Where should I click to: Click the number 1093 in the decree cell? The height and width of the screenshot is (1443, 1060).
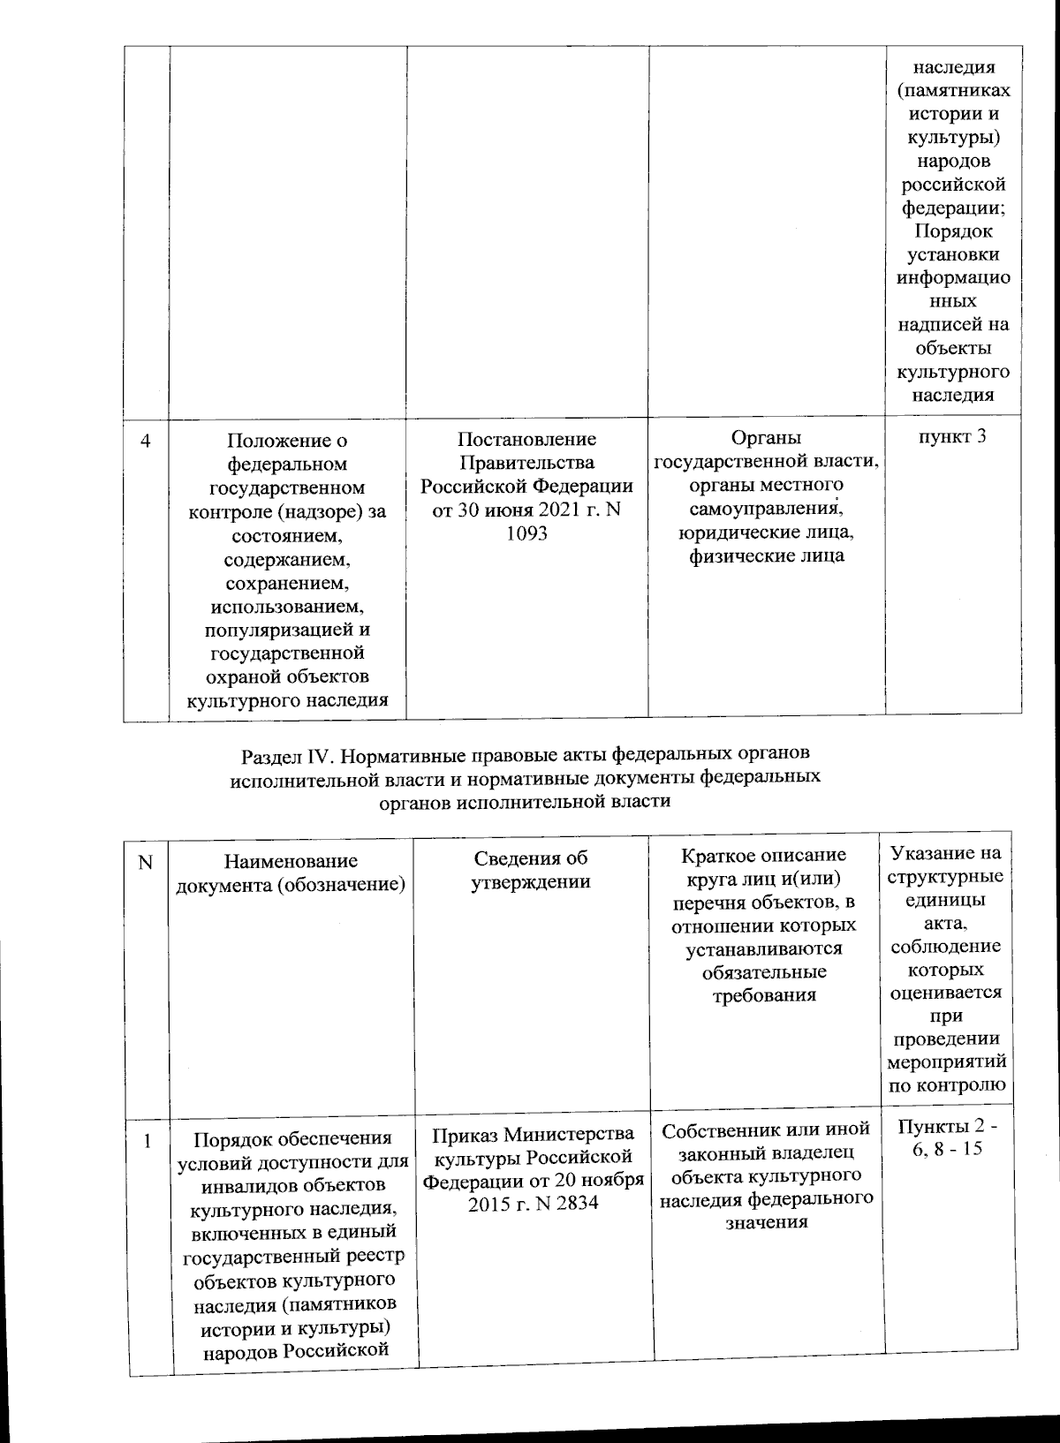526,534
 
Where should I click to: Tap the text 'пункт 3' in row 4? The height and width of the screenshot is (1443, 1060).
953,436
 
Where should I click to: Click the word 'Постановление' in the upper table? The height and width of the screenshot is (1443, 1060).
526,439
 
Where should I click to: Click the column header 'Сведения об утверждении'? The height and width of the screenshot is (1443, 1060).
531,870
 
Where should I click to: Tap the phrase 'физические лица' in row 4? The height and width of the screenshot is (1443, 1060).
766,555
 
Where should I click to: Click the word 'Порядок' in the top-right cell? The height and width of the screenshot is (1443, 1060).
953,231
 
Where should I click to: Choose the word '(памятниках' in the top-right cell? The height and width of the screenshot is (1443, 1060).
953,91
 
